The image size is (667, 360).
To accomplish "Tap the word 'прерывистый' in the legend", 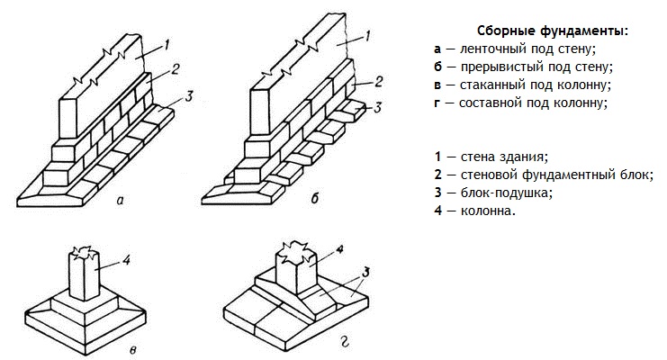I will [491, 67].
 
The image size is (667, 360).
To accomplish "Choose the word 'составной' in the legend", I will [486, 103].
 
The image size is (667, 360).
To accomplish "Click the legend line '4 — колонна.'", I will [474, 211].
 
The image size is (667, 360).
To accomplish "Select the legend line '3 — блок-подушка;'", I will [492, 193].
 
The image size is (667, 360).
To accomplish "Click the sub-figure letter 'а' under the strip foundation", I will [120, 201].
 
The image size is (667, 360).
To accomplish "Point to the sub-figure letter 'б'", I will [315, 199].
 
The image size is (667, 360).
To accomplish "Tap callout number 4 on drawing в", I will [128, 261].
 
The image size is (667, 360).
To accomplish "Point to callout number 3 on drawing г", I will [368, 271].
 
